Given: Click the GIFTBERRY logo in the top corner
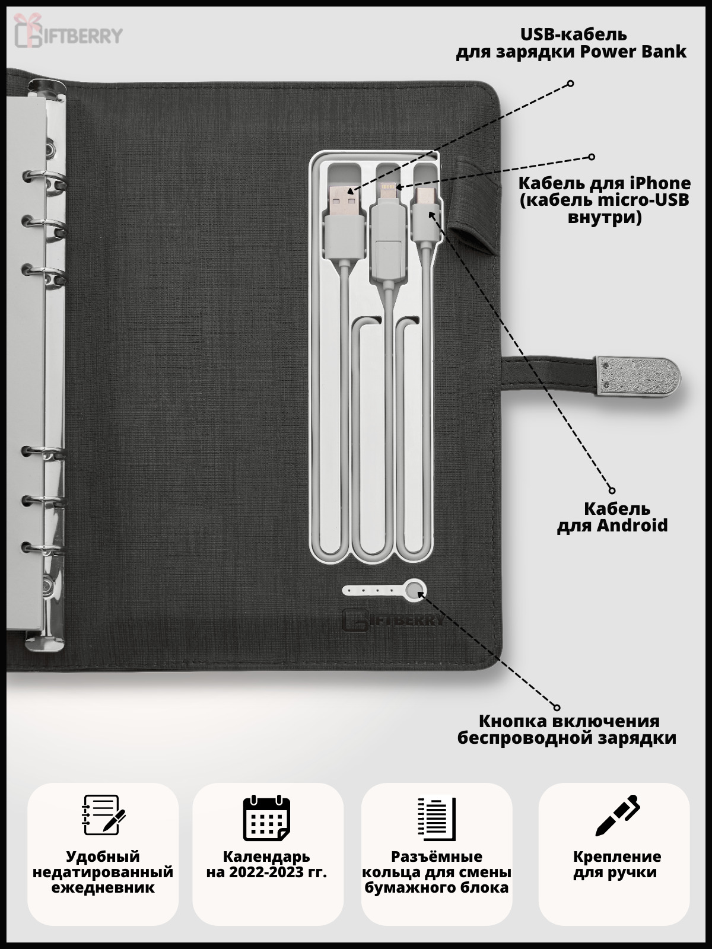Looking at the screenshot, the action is pos(68,31).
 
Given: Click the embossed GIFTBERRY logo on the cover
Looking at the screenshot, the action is pos(393,619).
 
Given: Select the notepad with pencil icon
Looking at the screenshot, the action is pos(103,815).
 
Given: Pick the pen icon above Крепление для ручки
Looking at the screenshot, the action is pos(617,816).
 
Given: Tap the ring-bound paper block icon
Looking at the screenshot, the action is pos(436,818).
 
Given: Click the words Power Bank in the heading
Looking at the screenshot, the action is pos(633,52).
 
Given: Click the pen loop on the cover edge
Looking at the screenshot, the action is pos(475,208).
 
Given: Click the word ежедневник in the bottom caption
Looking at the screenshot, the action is pos(103,888).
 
